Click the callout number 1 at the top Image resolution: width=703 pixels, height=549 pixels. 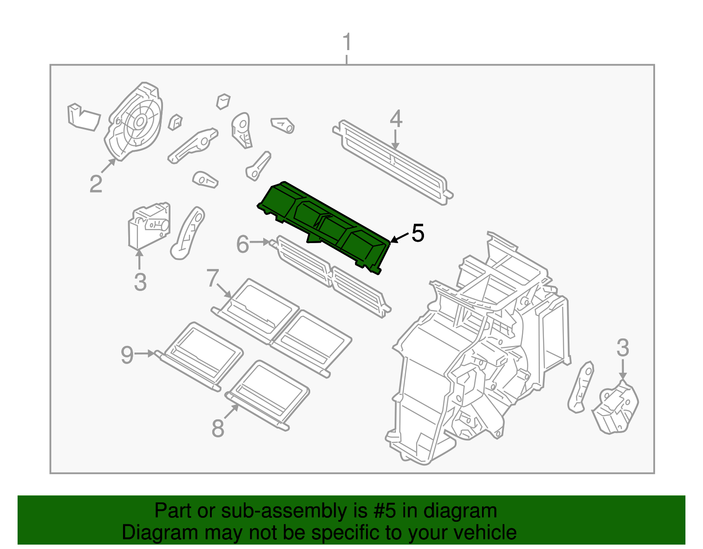[x=347, y=43]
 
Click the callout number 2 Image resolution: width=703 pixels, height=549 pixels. [x=96, y=184]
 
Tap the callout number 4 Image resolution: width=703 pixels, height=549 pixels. [x=396, y=119]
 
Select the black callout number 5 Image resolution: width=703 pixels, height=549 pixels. [x=417, y=233]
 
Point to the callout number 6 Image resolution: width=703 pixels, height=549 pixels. [x=243, y=244]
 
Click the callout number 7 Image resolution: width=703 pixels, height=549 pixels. [x=213, y=278]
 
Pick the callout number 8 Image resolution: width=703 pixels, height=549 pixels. [x=218, y=428]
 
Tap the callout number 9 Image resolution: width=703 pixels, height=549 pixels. [x=127, y=354]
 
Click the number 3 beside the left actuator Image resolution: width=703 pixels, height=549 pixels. [x=140, y=282]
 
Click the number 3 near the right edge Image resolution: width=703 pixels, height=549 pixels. [x=623, y=348]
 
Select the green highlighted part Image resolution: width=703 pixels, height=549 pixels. [x=325, y=224]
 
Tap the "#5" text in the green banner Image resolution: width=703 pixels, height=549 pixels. [x=384, y=511]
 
